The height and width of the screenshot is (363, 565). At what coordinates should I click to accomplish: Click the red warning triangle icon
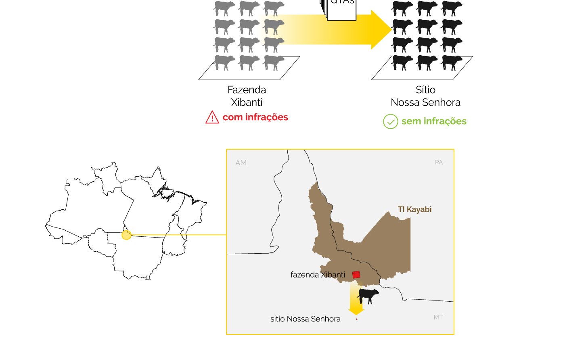point(212,117)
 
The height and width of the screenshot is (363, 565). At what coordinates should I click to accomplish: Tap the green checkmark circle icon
point(391,121)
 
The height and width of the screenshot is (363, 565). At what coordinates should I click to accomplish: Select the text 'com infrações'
point(255,117)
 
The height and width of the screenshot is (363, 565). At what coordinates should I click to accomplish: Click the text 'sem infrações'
point(434,121)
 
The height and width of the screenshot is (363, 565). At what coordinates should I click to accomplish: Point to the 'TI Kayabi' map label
point(414,209)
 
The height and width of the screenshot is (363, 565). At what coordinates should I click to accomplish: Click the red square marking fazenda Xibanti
point(356,275)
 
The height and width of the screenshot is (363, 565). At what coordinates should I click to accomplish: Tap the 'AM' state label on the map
point(241,163)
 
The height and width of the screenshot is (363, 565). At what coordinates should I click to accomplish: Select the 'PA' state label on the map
point(439,162)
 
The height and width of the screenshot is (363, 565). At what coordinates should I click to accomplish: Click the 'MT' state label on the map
point(438,317)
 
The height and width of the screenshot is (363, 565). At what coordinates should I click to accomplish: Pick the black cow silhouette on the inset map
point(368,296)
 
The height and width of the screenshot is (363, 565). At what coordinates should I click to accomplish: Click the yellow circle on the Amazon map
point(126,235)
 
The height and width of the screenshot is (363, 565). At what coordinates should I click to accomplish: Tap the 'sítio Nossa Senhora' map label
point(306,319)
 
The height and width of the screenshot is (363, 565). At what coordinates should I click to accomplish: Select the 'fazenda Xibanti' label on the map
point(318,275)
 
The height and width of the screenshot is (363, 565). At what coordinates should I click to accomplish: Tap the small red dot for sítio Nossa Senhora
point(357,319)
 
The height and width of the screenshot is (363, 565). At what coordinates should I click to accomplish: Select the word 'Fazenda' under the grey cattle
point(247,90)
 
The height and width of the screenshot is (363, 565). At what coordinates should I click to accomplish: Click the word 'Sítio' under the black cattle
point(425,90)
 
